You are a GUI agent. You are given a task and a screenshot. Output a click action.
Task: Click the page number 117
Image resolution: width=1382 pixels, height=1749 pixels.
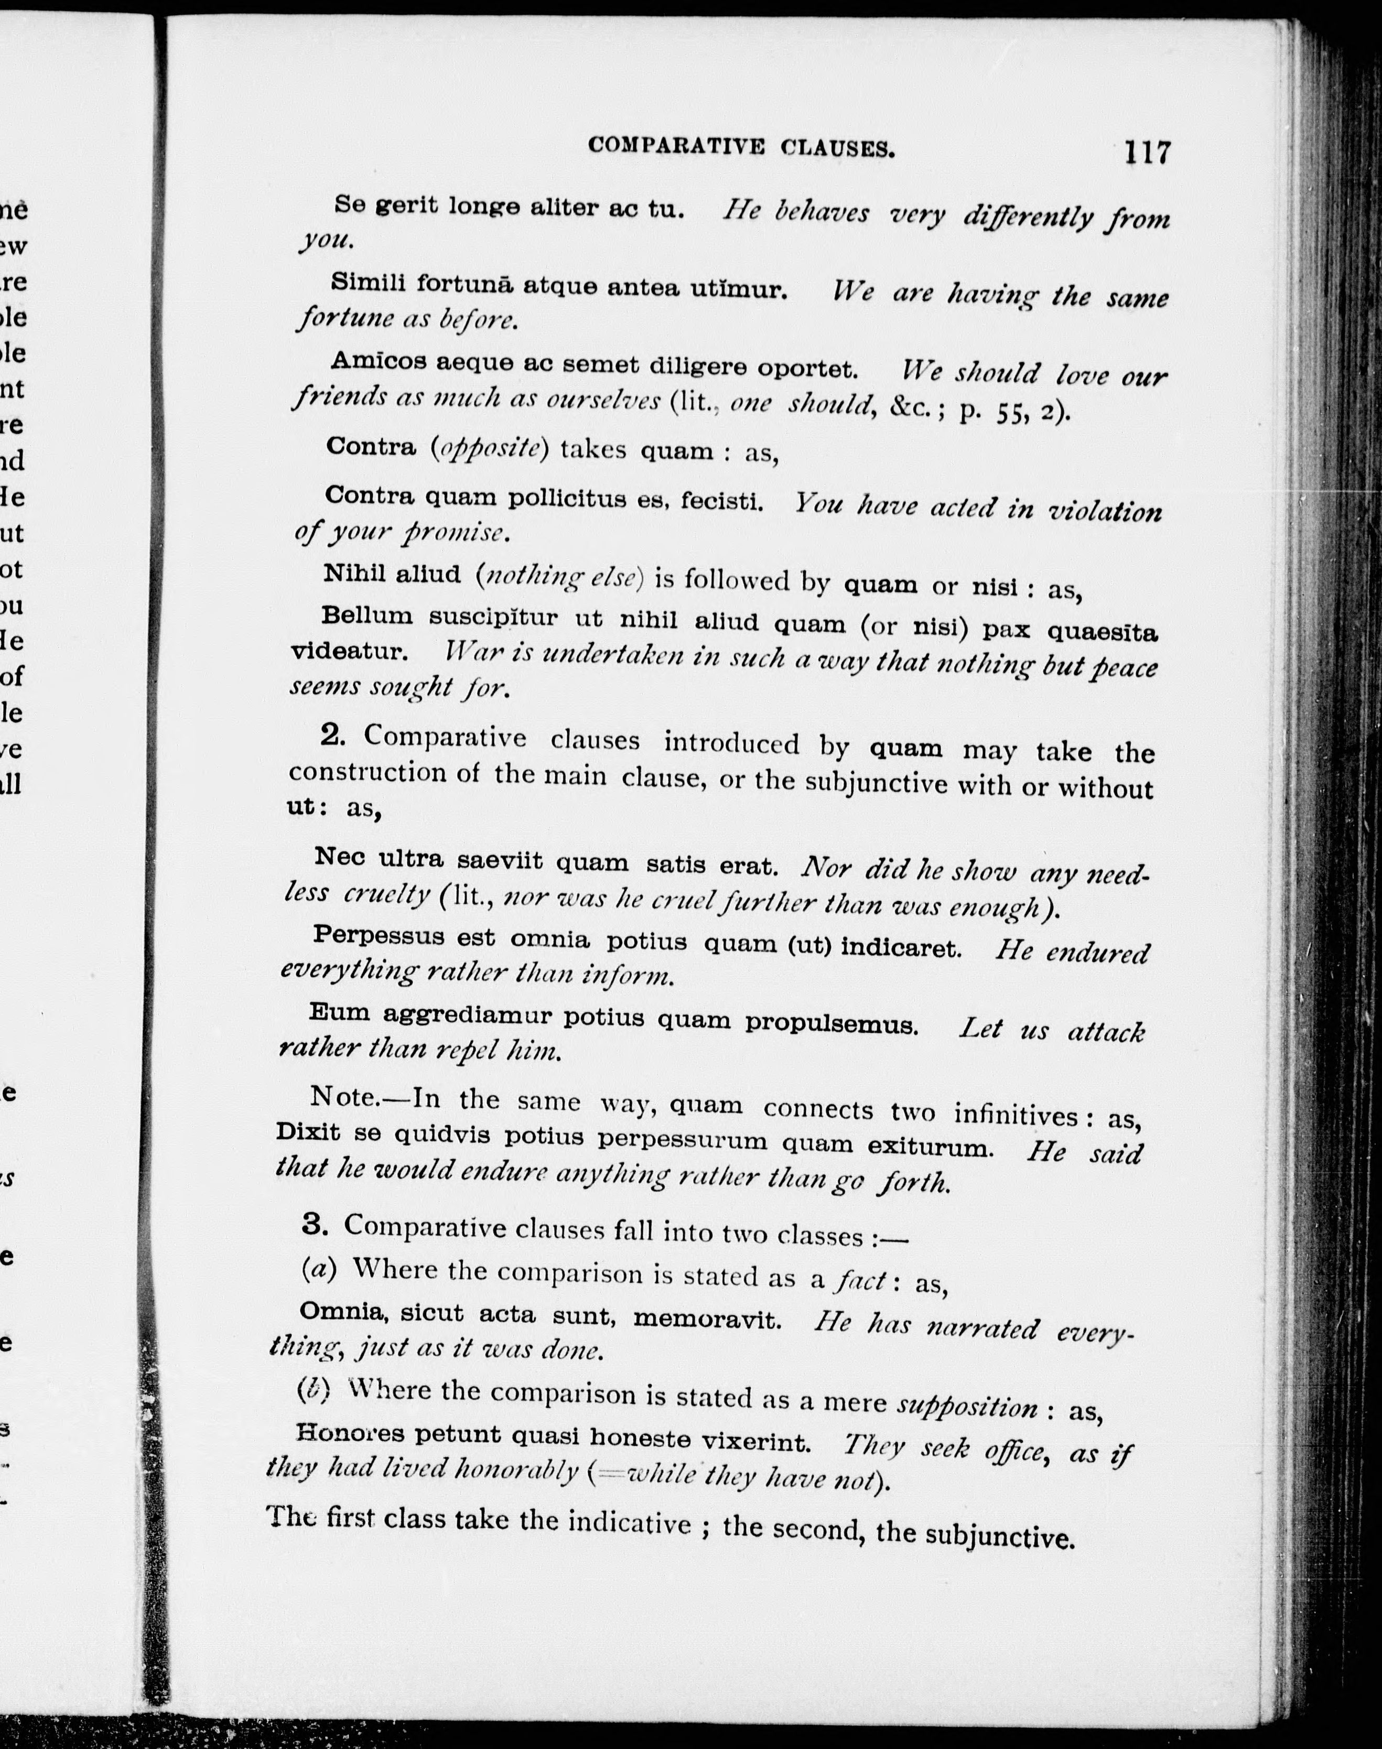click(1147, 152)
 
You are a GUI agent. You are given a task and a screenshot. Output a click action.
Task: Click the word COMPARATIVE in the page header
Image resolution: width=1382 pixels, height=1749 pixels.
click(676, 146)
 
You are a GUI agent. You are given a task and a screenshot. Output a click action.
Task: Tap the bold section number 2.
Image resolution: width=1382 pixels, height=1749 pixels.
click(332, 735)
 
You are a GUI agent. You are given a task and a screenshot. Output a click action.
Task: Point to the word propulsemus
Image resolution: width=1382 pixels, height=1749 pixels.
click(831, 1023)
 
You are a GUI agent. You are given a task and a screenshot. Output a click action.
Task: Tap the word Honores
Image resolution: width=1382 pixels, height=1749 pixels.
click(350, 1433)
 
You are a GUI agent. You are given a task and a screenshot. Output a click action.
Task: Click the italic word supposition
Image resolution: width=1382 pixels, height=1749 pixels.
click(967, 1407)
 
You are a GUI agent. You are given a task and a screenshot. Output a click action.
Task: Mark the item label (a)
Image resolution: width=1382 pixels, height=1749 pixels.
click(319, 1268)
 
